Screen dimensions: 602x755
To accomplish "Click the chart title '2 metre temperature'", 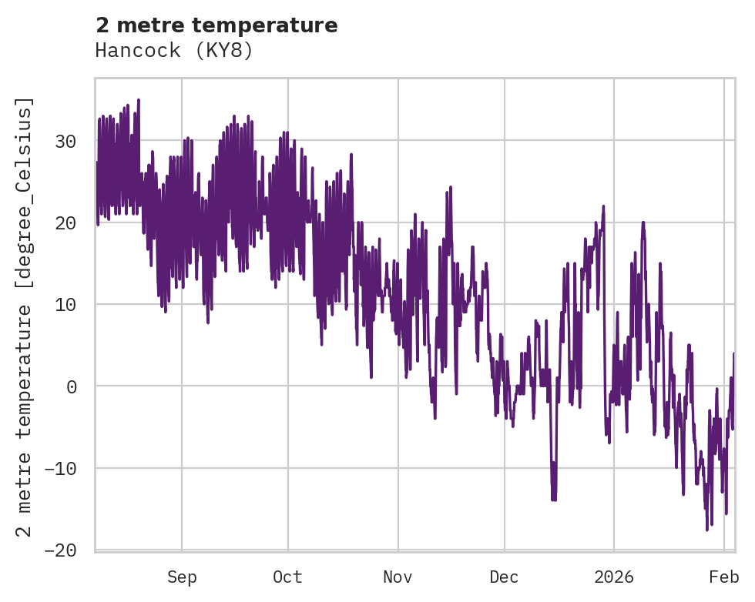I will pyautogui.click(x=216, y=25).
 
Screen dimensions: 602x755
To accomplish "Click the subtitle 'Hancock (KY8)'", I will pyautogui.click(x=174, y=51).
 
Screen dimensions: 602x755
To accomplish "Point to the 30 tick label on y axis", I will pyautogui.click(x=65, y=141).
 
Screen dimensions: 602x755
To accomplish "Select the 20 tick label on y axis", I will pyautogui.click(x=65, y=222).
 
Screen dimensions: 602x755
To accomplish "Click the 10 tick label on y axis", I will pyautogui.click(x=65, y=304).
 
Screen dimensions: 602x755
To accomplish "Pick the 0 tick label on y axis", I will pyautogui.click(x=72, y=386).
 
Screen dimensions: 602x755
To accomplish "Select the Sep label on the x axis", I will pyautogui.click(x=182, y=577).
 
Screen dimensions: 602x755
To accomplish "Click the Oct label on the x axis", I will pyautogui.click(x=287, y=577).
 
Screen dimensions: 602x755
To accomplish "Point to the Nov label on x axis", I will pyautogui.click(x=398, y=577).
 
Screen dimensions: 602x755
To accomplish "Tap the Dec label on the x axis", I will pyautogui.click(x=504, y=577).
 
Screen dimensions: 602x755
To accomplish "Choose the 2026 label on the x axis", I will pyautogui.click(x=614, y=577).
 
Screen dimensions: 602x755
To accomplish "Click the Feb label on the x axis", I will pyautogui.click(x=724, y=577).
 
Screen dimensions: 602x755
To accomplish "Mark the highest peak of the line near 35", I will pyautogui.click(x=138, y=100).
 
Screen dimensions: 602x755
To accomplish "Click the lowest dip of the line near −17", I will pyautogui.click(x=707, y=530).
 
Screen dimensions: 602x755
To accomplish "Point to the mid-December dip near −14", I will pyautogui.click(x=554, y=500).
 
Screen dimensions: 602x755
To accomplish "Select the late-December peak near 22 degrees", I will pyautogui.click(x=603, y=206).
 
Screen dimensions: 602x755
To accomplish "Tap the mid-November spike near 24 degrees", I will pyautogui.click(x=450, y=187).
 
